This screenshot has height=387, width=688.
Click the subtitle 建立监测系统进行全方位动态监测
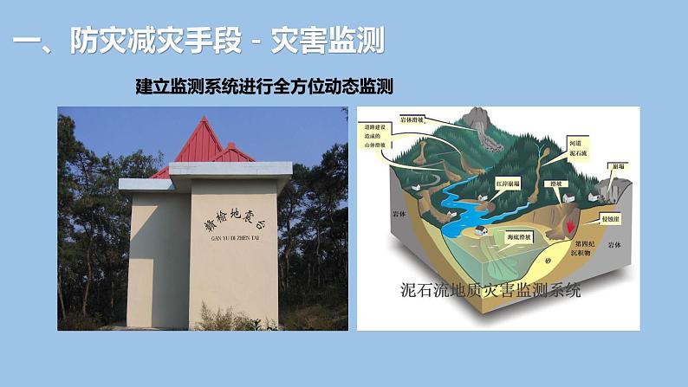(x=265, y=87)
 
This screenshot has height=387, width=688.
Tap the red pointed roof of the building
(x=208, y=144)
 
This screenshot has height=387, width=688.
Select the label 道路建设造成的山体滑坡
(x=387, y=146)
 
